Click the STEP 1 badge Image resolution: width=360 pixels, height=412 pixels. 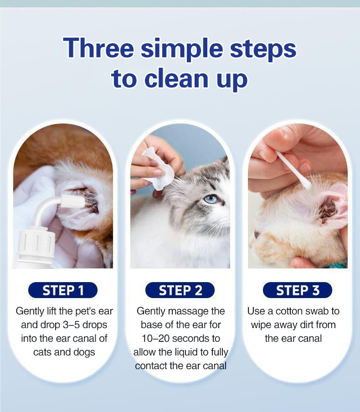point(63,290)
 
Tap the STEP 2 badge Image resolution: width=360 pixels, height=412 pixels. point(180,290)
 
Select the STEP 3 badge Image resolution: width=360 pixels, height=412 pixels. point(298,290)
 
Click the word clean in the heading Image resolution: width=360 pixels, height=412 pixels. point(176,78)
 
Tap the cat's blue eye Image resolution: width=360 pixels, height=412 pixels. point(211,199)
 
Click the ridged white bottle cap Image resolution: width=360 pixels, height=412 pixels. point(37,243)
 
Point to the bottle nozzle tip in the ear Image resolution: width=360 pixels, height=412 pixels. point(73,202)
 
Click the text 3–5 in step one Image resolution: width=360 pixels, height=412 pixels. point(71,325)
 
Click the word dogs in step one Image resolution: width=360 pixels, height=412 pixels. point(84,352)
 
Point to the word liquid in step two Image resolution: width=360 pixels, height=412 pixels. point(189,352)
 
